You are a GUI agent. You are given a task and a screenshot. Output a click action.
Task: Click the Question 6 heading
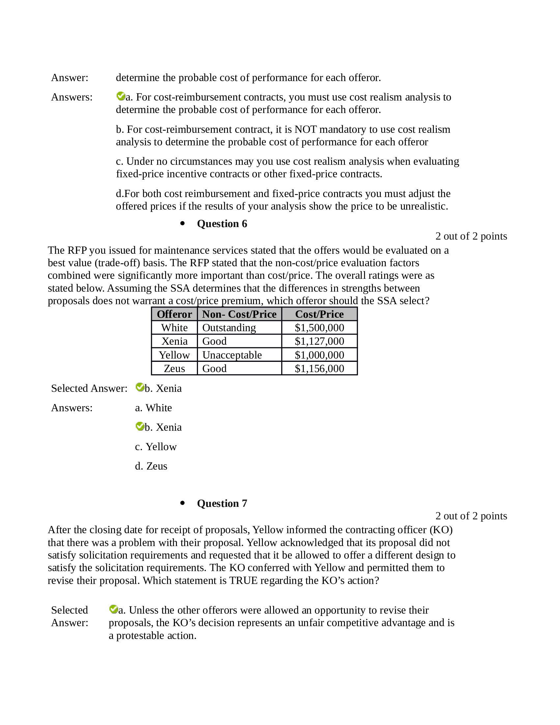click(222, 224)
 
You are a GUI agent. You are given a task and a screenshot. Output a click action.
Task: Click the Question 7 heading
click(222, 503)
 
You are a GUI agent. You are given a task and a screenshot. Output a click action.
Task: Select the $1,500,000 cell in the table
click(319, 328)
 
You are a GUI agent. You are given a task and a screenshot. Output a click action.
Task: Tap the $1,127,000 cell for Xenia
click(319, 341)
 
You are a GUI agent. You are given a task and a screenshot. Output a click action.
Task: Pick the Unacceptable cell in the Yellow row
click(232, 355)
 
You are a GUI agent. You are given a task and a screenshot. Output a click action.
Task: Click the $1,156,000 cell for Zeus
click(319, 368)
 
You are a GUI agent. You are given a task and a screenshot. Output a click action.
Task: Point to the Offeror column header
click(174, 314)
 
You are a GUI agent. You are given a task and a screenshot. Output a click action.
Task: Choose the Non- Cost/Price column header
click(239, 314)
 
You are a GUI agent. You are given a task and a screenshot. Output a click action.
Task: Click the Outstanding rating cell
click(229, 328)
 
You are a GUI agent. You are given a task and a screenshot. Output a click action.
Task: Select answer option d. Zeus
click(151, 466)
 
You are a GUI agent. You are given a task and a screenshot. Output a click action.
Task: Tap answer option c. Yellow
click(155, 447)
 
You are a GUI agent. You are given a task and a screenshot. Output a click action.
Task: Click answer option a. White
click(153, 408)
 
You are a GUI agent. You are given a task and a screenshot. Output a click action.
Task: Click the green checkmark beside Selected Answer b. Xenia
click(140, 387)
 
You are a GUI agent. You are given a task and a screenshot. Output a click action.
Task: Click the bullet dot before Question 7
click(182, 503)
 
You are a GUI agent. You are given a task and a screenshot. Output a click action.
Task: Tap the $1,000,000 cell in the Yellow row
click(319, 355)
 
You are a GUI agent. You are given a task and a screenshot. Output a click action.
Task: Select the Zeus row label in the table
click(174, 368)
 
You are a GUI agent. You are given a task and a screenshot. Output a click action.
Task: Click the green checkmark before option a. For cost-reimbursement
click(121, 96)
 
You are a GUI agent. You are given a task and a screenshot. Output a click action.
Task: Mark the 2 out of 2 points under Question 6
click(471, 236)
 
